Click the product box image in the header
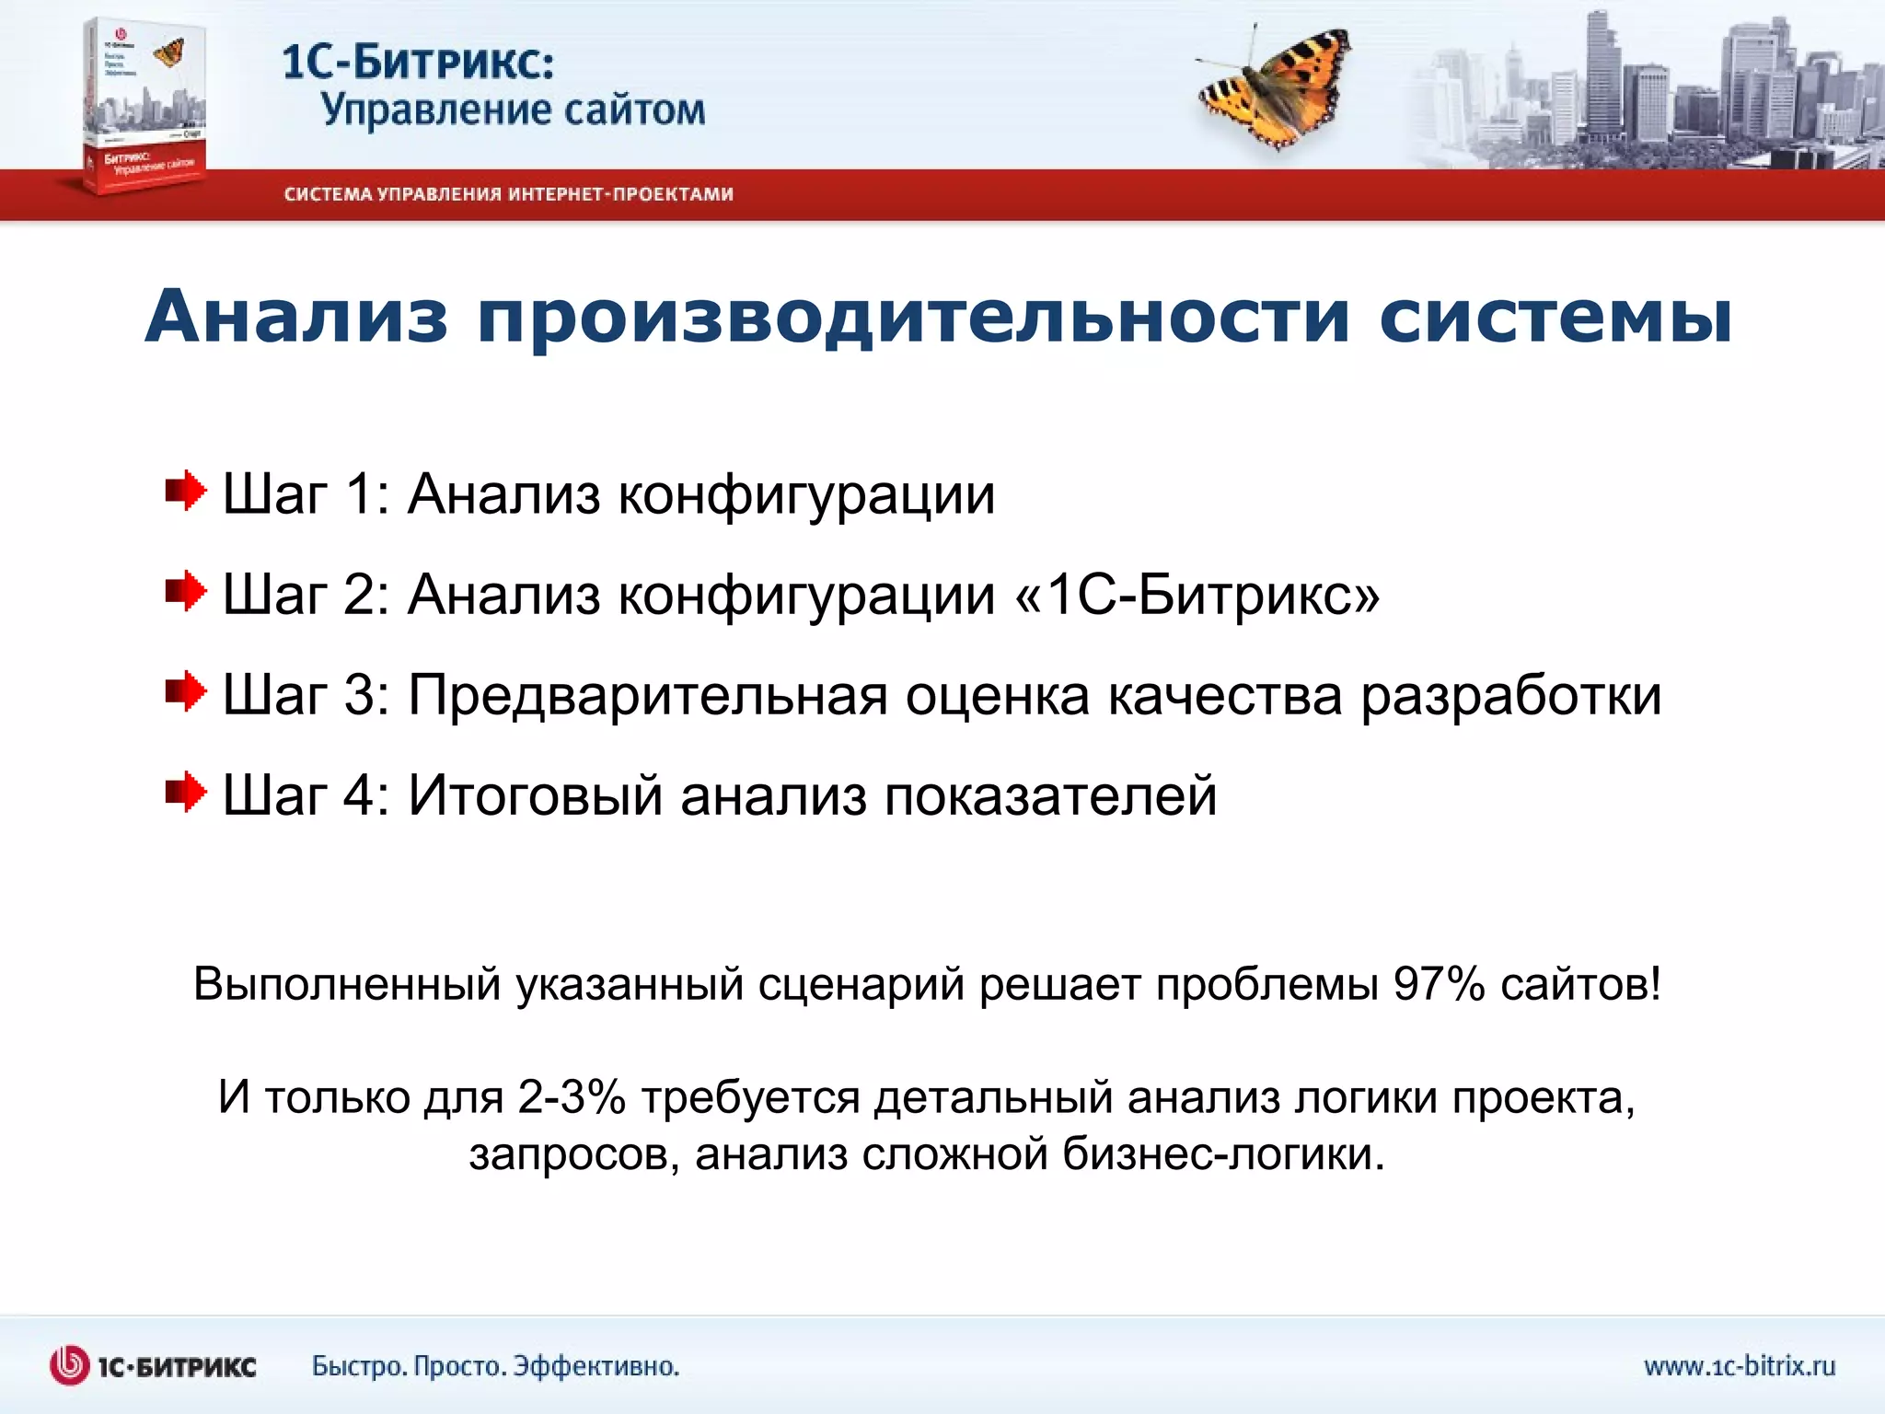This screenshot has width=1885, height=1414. (x=145, y=106)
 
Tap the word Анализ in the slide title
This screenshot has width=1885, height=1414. (x=296, y=317)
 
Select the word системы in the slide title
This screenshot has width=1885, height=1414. (x=1555, y=317)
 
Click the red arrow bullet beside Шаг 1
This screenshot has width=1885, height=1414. (x=186, y=492)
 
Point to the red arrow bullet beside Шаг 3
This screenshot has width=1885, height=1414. (x=186, y=691)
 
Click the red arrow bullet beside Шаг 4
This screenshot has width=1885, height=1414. (x=186, y=792)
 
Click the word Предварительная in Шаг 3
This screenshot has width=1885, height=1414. (x=647, y=695)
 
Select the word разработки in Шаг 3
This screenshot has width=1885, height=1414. (x=1511, y=695)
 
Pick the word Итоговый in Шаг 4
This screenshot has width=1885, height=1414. (x=535, y=795)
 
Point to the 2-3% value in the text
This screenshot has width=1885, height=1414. (x=572, y=1097)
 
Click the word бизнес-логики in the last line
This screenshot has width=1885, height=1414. (x=1223, y=1153)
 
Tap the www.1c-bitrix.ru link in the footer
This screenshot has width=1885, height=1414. (x=1739, y=1365)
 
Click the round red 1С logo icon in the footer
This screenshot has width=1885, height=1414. (x=70, y=1365)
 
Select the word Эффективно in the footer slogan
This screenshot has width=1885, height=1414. (x=596, y=1366)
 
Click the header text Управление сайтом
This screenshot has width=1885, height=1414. (x=513, y=110)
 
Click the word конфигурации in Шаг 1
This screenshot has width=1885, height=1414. (x=806, y=495)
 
